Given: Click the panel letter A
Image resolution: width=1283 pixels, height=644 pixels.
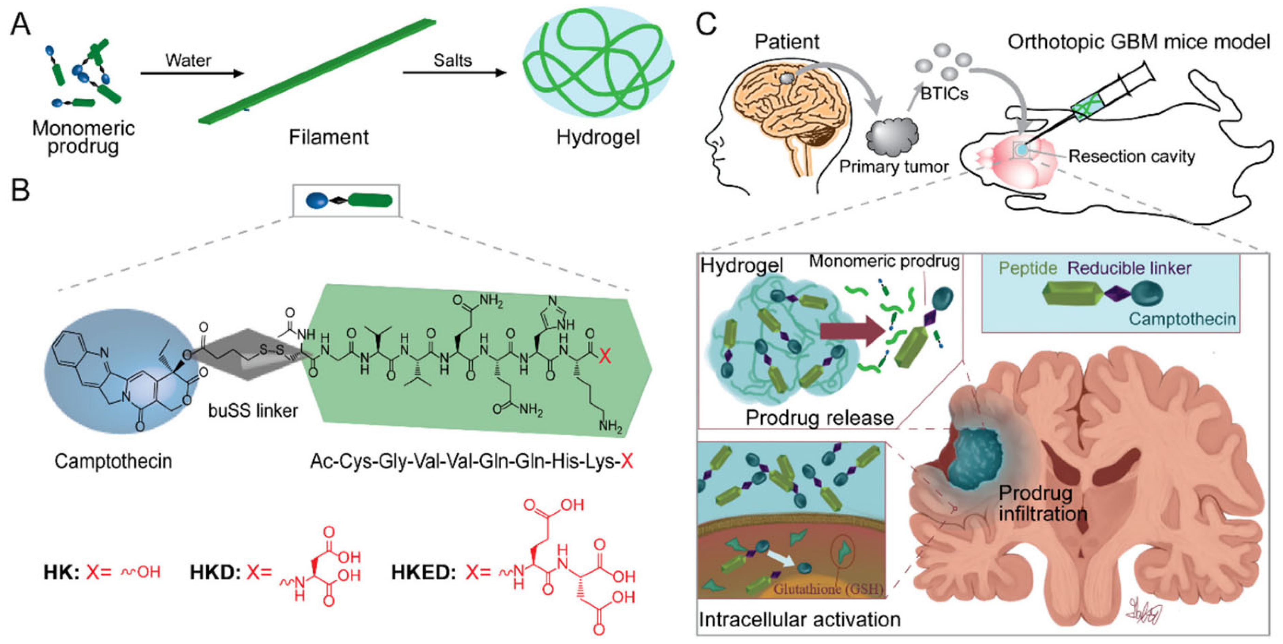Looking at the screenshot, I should click(x=20, y=24).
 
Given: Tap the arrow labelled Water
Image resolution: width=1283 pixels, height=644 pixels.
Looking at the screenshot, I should click(x=192, y=74).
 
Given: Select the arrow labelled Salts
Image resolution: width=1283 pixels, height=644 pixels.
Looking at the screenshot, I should click(x=454, y=73).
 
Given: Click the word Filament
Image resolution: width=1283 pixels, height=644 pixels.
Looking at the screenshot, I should click(x=329, y=137).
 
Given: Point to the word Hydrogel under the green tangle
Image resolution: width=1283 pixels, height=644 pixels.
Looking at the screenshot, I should click(x=598, y=137).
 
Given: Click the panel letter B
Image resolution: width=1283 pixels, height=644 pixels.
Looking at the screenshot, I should click(x=20, y=190).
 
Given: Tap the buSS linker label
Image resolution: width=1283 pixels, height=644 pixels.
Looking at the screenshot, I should click(x=253, y=411).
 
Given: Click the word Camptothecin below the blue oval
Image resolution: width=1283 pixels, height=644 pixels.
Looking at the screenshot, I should click(x=113, y=461).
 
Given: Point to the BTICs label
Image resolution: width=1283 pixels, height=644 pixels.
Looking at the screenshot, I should click(x=944, y=94).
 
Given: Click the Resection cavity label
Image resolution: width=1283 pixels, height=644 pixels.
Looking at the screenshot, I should click(x=1132, y=157).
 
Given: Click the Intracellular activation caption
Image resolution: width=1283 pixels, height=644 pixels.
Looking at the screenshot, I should click(x=799, y=619).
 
